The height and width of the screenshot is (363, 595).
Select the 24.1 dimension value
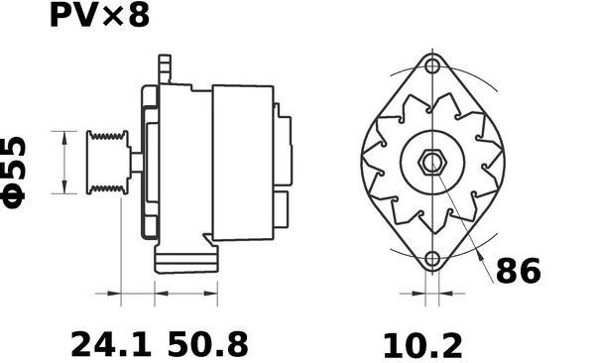pyautogui.click(x=110, y=344)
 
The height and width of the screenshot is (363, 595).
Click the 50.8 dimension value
pyautogui.click(x=208, y=344)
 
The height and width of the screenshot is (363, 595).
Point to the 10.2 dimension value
pyautogui.click(x=422, y=344)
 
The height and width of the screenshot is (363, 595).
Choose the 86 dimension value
pyautogui.click(x=518, y=270)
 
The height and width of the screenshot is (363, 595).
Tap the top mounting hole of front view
pyautogui.click(x=431, y=66)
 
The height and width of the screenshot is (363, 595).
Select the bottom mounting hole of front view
pyautogui.click(x=431, y=260)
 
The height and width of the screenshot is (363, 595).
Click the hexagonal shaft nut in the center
pyautogui.click(x=432, y=163)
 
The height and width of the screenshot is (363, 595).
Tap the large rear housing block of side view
pyautogui.click(x=242, y=162)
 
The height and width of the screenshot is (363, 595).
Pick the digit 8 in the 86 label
pyautogui.click(x=506, y=270)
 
